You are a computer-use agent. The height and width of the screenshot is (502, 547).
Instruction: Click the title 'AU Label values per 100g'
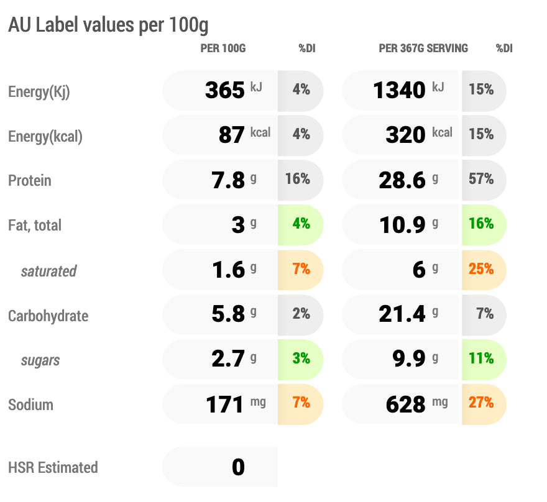click(108, 25)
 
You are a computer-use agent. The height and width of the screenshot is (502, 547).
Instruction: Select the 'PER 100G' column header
click(223, 48)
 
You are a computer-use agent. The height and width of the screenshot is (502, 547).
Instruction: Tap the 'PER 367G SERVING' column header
click(423, 48)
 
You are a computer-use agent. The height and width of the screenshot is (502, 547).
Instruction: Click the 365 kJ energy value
click(225, 91)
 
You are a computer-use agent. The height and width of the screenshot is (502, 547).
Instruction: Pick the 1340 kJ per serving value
click(400, 91)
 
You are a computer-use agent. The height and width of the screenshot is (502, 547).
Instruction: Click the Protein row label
click(30, 181)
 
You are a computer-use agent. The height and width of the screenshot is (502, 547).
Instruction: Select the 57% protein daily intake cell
click(482, 180)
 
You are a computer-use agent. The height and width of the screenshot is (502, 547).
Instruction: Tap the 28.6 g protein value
click(402, 180)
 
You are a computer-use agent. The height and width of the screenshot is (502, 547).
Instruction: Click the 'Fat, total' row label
click(35, 226)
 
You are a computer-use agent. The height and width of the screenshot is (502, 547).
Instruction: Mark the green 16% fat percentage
click(482, 224)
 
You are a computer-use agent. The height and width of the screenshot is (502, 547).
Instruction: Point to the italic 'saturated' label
click(49, 271)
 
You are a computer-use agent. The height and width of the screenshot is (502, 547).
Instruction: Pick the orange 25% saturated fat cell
click(482, 269)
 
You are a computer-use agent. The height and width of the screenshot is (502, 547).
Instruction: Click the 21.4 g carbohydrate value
click(402, 314)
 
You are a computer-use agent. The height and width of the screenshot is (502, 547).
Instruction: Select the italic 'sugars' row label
click(40, 360)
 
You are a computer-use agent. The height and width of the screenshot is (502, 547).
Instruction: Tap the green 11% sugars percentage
click(482, 358)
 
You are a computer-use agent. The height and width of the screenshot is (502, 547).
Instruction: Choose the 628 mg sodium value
click(406, 404)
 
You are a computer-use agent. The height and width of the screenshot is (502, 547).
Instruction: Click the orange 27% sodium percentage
click(482, 403)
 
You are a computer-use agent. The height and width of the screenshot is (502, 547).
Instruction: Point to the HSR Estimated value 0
click(238, 467)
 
